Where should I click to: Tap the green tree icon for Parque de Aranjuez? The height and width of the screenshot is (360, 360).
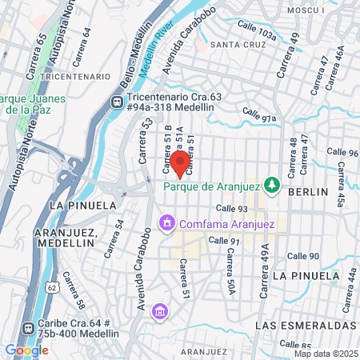(x=272, y=185)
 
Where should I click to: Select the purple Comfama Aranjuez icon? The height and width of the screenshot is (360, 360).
(x=167, y=222)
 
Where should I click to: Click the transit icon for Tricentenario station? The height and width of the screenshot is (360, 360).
(x=117, y=102)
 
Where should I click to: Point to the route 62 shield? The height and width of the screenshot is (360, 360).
(x=51, y=286)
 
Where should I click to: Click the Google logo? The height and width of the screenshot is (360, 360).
(x=26, y=350)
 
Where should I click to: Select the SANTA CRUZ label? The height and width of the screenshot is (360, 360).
(x=237, y=46)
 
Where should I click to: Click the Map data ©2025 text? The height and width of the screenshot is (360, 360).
(x=324, y=353)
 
